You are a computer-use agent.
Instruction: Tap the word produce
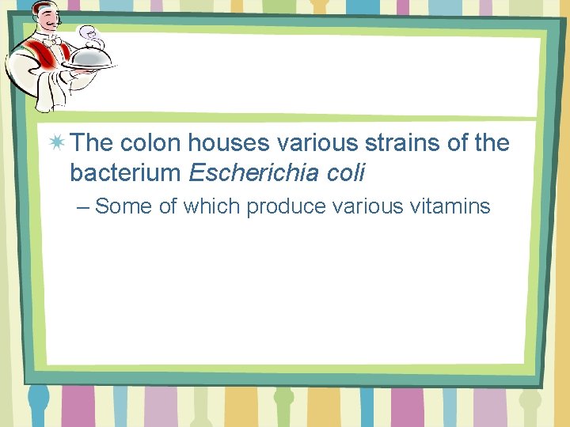[286, 207]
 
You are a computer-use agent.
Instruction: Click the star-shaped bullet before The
[57, 143]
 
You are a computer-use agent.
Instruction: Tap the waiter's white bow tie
[52, 37]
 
